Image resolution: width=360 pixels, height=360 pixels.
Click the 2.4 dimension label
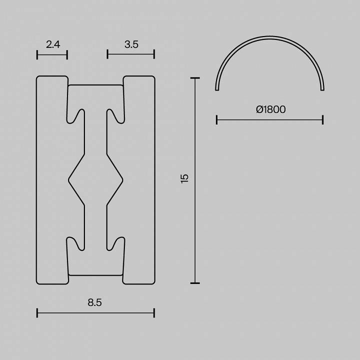(53, 44)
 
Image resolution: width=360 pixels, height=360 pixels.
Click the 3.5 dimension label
(131, 44)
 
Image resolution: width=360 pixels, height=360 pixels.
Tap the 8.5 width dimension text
(95, 302)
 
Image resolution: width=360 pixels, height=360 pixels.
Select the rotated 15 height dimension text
(185, 178)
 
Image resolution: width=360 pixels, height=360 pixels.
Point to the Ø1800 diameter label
(270, 109)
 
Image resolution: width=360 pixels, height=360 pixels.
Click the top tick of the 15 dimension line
(195, 78)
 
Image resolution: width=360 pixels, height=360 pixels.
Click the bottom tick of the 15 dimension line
(195, 283)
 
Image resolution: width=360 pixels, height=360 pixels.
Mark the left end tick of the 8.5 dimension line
(37, 313)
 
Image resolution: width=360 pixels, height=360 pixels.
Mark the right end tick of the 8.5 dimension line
(154, 313)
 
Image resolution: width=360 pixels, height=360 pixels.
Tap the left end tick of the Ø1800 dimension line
(216, 119)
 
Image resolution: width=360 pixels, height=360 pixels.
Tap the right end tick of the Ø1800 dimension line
(323, 119)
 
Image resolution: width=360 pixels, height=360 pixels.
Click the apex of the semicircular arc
(270, 37)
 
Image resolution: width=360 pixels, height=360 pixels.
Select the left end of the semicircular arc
(217, 89)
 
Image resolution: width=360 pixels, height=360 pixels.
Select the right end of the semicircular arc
(322, 89)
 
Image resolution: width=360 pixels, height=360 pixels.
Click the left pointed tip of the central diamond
(69, 178)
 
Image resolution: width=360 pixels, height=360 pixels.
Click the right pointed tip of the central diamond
(122, 178)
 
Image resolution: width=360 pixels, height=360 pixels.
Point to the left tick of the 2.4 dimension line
(37, 54)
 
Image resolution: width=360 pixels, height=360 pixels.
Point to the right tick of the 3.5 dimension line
(154, 54)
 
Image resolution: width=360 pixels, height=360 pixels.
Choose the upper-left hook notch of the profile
(74, 115)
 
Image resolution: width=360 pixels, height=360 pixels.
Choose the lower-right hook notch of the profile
(116, 243)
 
